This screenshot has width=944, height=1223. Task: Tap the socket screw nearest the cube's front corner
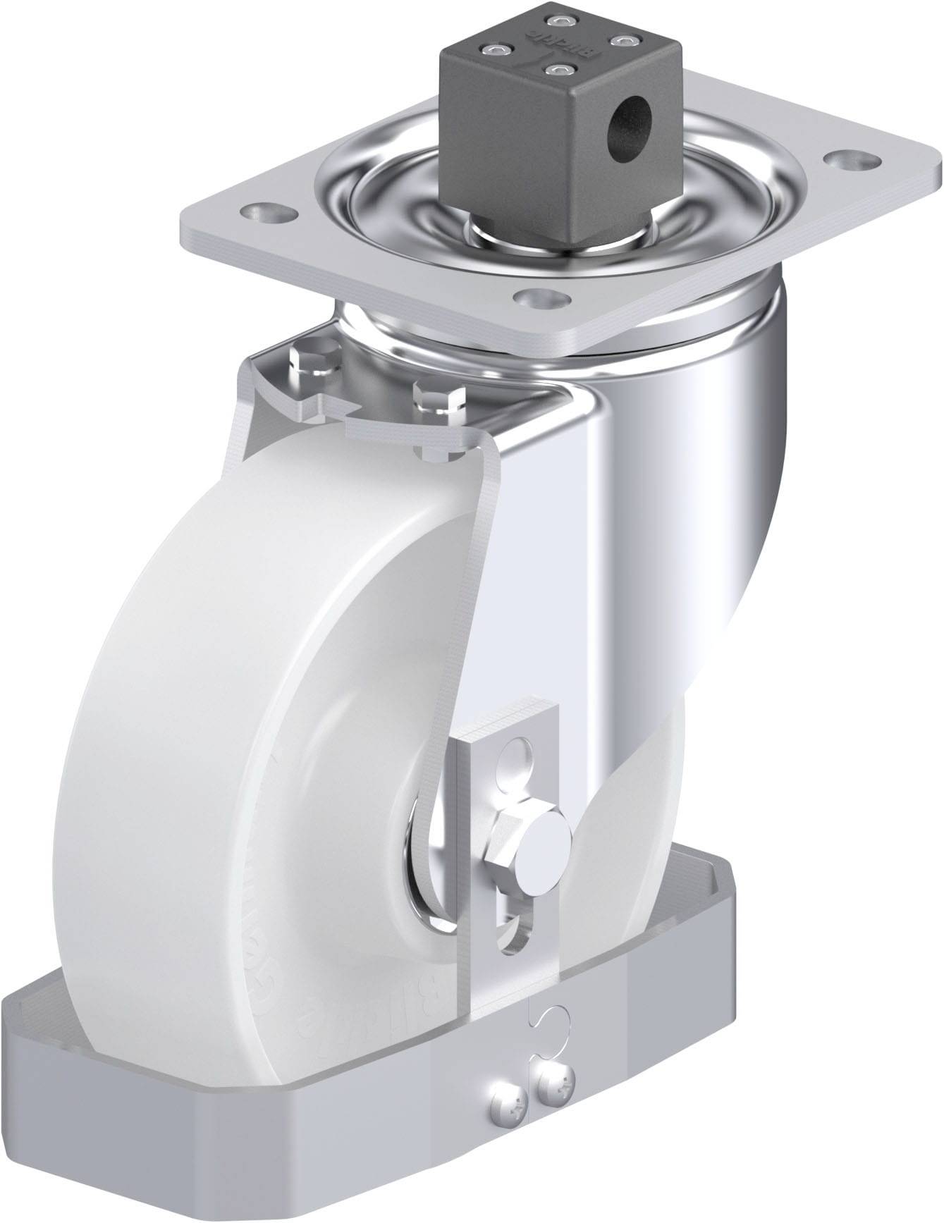pyautogui.click(x=560, y=70)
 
